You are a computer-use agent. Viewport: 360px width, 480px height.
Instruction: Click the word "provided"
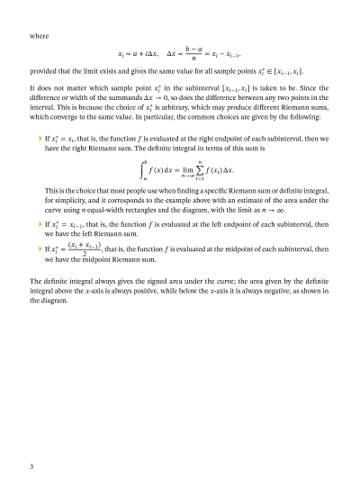(46, 70)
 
